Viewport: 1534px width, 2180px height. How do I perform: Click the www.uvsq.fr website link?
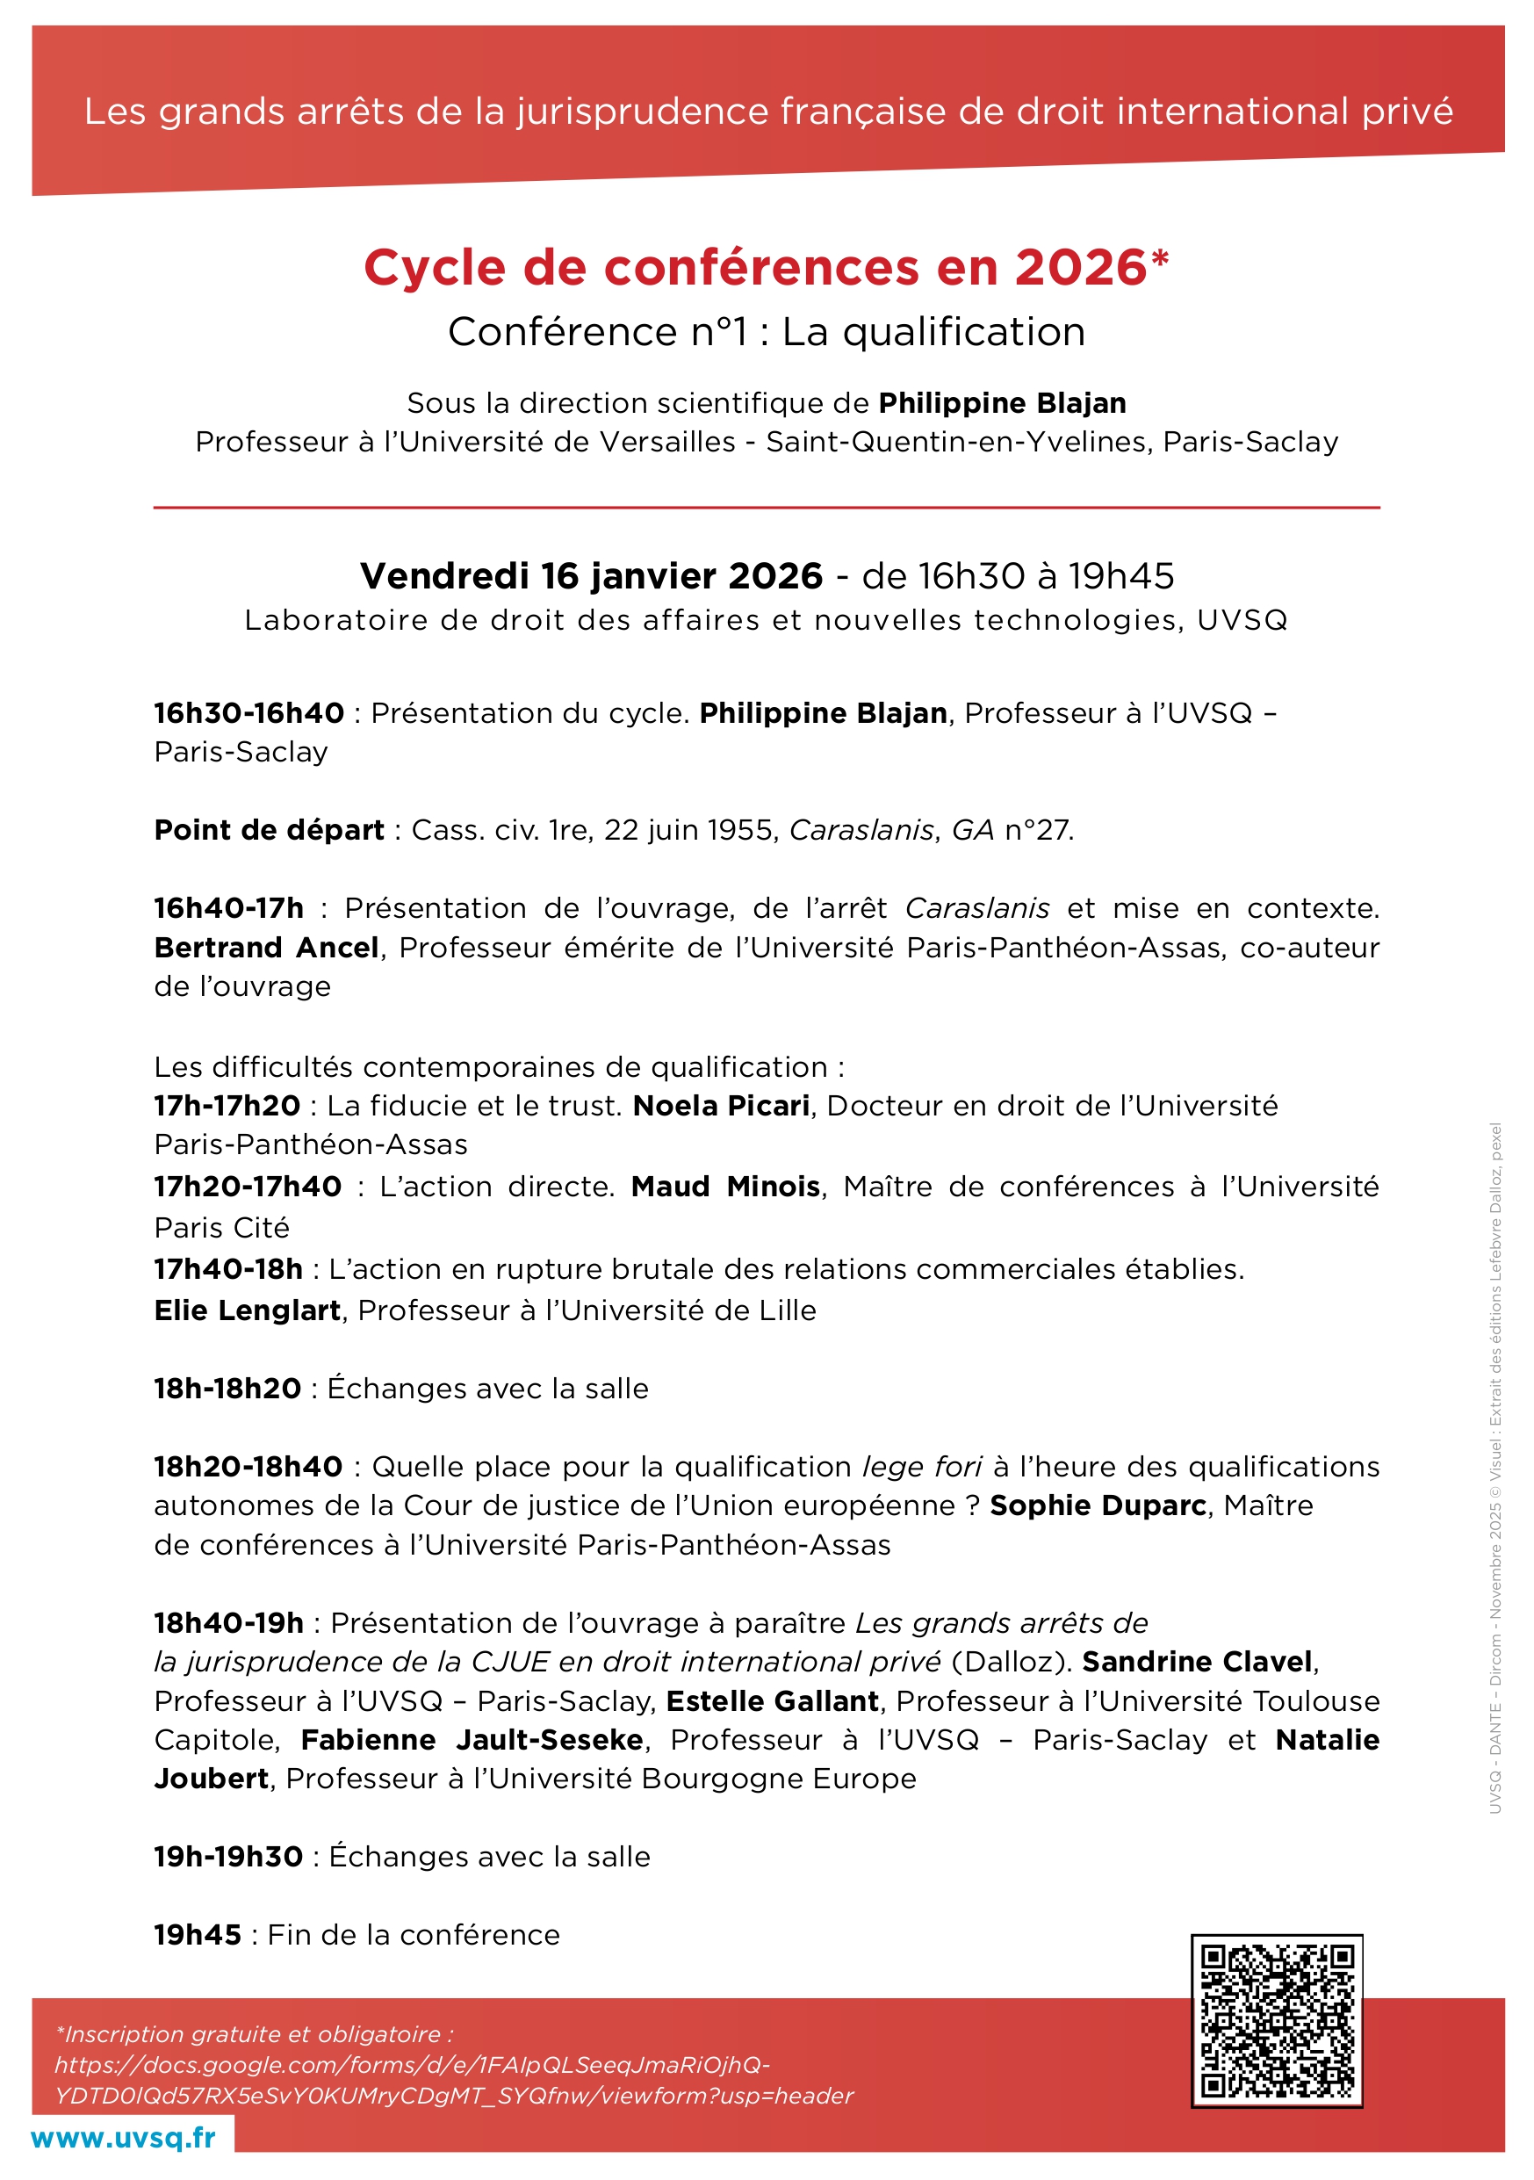point(124,2137)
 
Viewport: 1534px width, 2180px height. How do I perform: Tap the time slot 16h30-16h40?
point(248,713)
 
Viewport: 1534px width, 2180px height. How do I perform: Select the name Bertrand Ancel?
point(267,948)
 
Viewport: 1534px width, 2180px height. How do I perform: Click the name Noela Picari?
point(721,1105)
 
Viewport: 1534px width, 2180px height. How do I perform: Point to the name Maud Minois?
point(725,1187)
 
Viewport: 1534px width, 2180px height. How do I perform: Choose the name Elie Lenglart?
point(247,1310)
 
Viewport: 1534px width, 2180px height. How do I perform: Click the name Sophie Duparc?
point(1098,1505)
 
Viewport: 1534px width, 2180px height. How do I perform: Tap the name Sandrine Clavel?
point(1197,1662)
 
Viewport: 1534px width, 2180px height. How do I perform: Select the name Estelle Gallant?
point(773,1701)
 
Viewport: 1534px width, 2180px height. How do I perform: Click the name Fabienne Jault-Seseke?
point(472,1740)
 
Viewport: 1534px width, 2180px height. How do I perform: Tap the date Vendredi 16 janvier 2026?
point(590,576)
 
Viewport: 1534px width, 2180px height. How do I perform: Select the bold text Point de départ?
point(269,830)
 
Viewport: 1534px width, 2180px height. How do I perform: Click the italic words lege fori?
point(921,1467)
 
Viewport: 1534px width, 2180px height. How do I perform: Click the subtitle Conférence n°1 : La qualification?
point(765,332)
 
